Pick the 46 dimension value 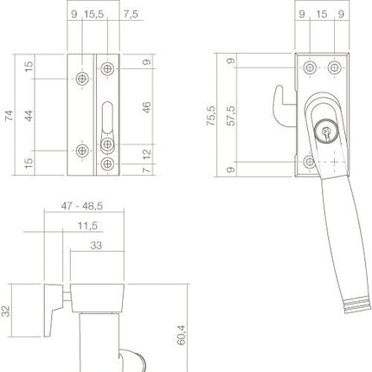tap(147, 109)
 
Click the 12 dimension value tap(147, 154)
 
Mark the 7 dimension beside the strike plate tap(147, 169)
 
